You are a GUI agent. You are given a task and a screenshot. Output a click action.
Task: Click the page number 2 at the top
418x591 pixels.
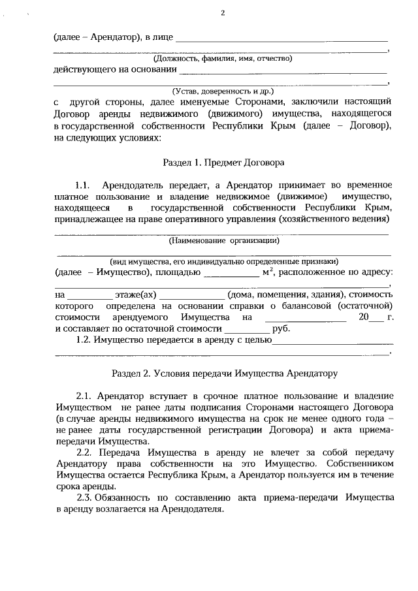(x=222, y=12)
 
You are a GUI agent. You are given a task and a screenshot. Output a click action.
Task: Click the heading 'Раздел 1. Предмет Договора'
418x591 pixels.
(x=223, y=161)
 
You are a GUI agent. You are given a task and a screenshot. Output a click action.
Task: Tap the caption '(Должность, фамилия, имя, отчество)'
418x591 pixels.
(x=222, y=59)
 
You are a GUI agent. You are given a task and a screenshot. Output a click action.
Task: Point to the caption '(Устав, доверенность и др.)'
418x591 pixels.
(x=222, y=91)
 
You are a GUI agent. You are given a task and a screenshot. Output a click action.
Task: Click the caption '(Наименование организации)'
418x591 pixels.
(x=222, y=241)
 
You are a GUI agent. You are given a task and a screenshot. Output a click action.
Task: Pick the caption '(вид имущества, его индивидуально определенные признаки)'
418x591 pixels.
(x=222, y=261)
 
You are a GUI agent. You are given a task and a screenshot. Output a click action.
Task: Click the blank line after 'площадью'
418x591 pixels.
(x=231, y=274)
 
